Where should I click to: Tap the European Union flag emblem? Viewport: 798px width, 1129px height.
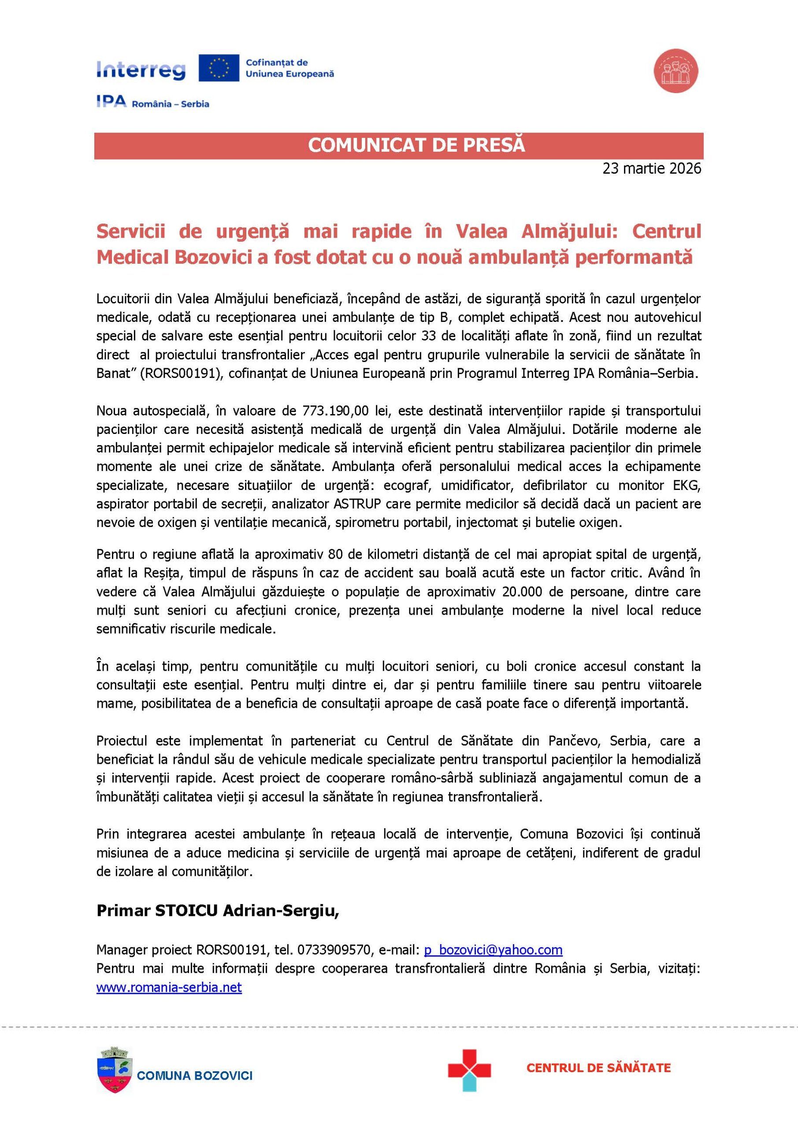(219, 68)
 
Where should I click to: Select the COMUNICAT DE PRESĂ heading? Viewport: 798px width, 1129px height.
(416, 146)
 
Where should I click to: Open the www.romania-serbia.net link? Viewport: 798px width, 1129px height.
(169, 987)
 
